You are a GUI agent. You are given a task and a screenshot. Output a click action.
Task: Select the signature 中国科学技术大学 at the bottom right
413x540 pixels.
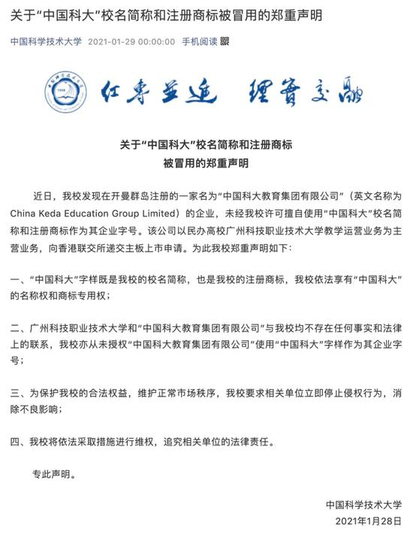tap(364, 504)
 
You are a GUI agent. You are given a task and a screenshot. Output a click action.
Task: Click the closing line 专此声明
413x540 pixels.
tap(54, 474)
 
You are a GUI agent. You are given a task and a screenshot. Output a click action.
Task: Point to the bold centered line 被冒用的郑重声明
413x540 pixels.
tap(206, 162)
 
